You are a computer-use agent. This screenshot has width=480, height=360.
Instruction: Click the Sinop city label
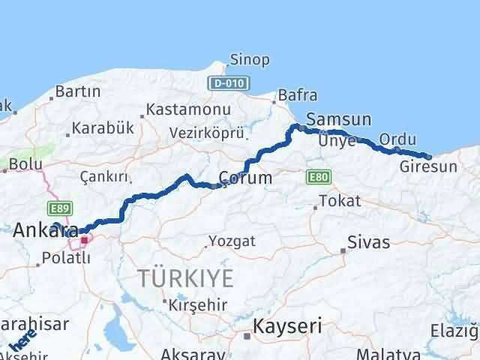(244, 59)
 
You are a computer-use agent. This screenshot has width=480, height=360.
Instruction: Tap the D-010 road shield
(224, 83)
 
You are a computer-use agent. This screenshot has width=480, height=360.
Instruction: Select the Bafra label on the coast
(297, 96)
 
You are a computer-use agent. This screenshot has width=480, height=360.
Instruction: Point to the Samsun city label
(338, 119)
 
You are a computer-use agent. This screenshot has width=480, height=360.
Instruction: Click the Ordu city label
(397, 139)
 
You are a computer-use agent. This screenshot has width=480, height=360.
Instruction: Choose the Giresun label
(428, 166)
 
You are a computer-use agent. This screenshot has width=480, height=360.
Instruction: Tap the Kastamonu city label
(187, 109)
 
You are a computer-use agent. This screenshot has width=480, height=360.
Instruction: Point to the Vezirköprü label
(207, 133)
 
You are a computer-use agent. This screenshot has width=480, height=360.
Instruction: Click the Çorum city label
(244, 178)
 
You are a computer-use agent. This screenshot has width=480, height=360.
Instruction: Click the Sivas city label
(368, 242)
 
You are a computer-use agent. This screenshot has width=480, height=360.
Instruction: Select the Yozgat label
(232, 241)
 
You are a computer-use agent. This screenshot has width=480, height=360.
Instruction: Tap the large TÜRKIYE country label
(185, 278)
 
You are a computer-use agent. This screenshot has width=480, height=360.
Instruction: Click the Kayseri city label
(287, 326)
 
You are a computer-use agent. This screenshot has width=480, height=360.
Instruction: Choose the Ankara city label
(46, 229)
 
